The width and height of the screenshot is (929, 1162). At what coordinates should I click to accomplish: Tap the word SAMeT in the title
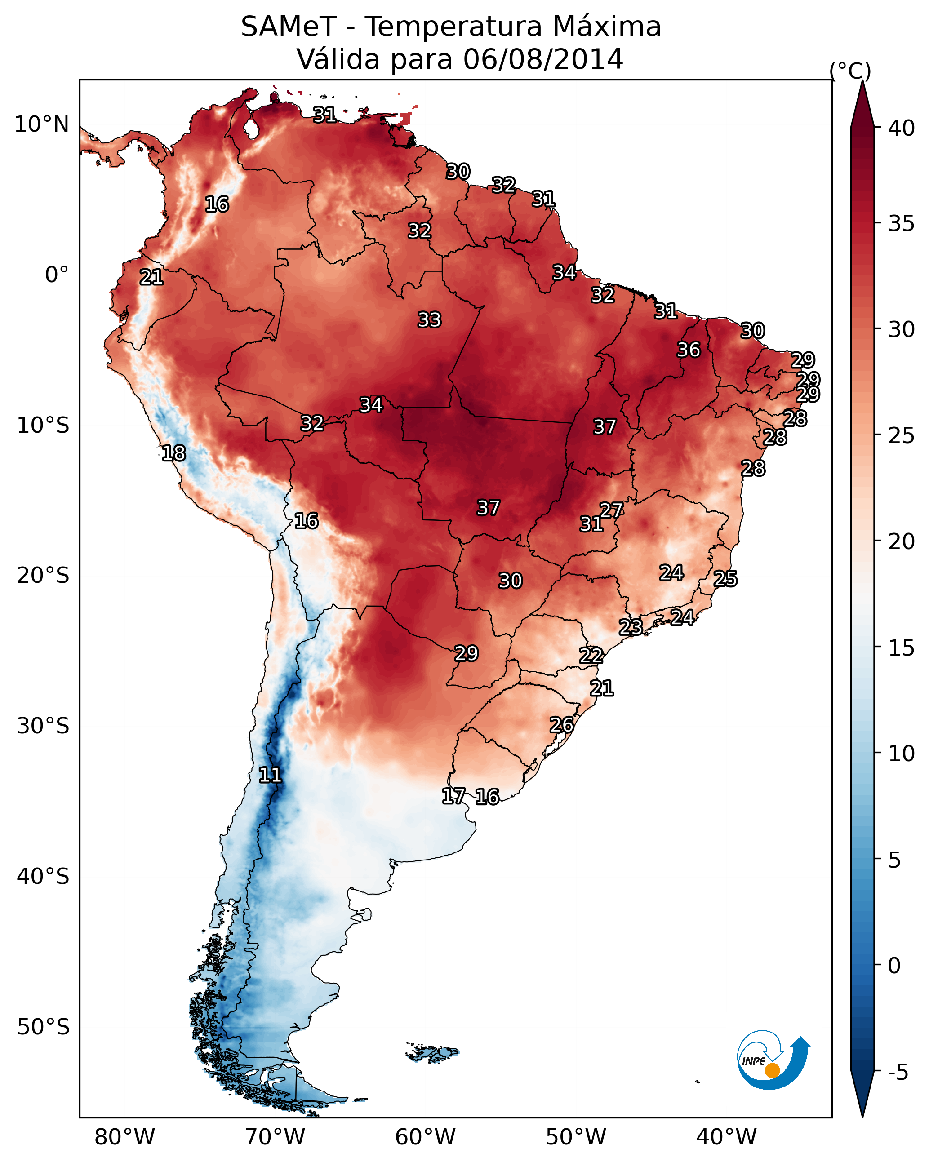tap(289, 27)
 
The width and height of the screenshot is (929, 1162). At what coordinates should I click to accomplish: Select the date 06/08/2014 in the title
tap(543, 59)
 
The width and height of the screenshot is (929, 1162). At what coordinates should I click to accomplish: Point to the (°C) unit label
tap(850, 71)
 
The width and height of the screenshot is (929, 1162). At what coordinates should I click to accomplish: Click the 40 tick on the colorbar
tap(901, 128)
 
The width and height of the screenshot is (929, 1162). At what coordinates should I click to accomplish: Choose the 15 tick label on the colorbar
tap(901, 648)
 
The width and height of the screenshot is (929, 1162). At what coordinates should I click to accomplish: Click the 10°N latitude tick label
tap(41, 124)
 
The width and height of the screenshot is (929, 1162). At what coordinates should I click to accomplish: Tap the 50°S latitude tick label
tap(43, 1027)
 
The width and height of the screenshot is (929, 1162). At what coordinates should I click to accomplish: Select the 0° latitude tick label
tap(57, 275)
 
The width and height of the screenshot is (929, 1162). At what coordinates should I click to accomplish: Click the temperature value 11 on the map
tap(270, 775)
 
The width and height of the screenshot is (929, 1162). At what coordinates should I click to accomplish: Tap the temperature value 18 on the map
tap(173, 453)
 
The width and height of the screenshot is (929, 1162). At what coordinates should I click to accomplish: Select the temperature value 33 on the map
tap(430, 320)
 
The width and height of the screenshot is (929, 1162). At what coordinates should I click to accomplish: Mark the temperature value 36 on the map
tap(689, 350)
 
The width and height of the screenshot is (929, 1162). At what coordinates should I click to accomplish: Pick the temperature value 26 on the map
tap(562, 725)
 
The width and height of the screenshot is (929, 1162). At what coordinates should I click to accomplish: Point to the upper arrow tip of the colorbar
tap(862, 81)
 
